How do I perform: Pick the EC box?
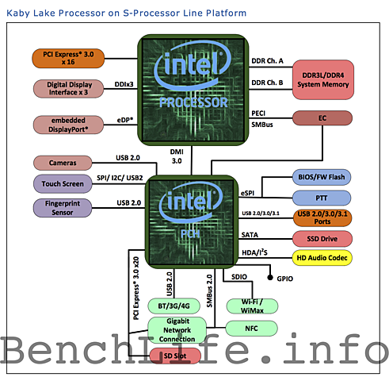322,118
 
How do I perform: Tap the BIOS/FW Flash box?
322,176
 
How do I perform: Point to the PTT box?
322,197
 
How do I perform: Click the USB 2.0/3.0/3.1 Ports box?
322,217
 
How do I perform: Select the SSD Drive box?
322,238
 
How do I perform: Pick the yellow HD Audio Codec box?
322,258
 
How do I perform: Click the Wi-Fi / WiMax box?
251,306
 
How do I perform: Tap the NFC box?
251,327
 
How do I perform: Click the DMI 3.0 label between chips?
175,156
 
